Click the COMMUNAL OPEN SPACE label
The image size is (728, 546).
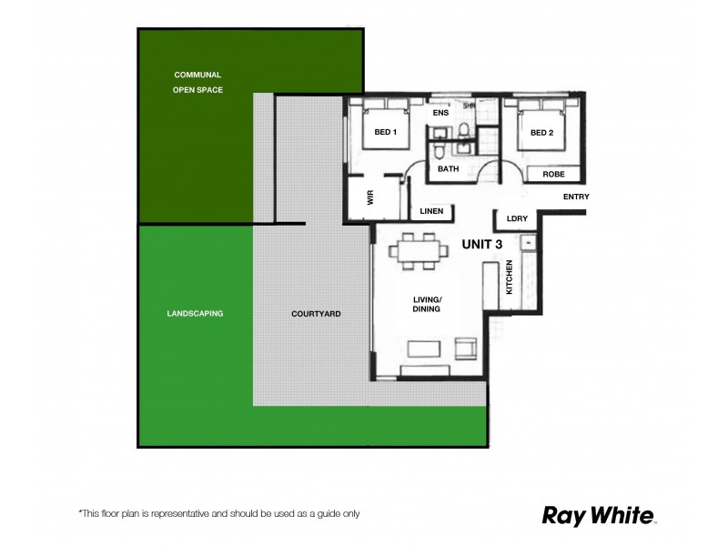197,82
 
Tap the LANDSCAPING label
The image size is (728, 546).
195,313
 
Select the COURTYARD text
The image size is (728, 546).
316,314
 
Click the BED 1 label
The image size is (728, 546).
386,133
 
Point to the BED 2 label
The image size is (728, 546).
542,133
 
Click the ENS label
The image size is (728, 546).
440,113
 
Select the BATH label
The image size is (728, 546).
448,169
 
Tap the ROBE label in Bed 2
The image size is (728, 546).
553,174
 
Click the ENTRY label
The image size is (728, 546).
576,197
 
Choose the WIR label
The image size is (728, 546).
371,198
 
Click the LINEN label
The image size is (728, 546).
431,211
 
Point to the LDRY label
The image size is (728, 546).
517,218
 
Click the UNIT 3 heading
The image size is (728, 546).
482,244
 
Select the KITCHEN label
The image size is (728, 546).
510,277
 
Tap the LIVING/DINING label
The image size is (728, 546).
427,305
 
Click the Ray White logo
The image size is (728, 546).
599,515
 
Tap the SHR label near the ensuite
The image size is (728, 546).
470,106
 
